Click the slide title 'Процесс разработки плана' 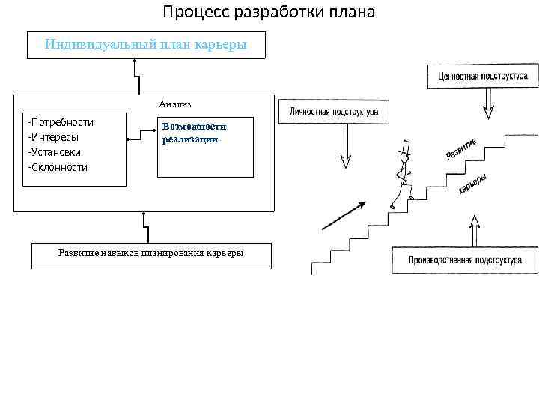tap(269, 13)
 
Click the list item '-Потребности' tap(60, 122)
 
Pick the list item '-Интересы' tap(53, 137)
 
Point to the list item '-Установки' tap(55, 152)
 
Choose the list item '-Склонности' tap(58, 167)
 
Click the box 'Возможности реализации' tap(205, 146)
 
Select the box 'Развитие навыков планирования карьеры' tap(150, 255)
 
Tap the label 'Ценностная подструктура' tap(478, 76)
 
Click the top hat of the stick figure tap(406, 148)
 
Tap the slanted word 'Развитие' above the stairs tap(462, 148)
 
